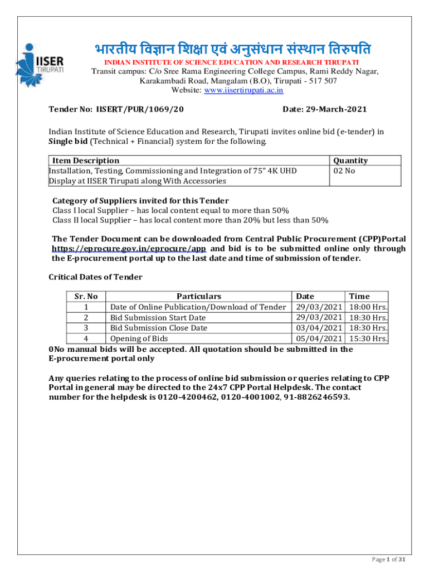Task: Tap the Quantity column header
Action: (x=350, y=161)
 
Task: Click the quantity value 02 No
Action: (x=344, y=171)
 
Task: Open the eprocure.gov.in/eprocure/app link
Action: (x=129, y=249)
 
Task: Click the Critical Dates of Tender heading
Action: (x=95, y=277)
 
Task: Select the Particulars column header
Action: (x=199, y=297)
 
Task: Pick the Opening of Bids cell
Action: (x=139, y=338)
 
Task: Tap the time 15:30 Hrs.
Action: (x=368, y=338)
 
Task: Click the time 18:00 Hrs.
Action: (x=368, y=307)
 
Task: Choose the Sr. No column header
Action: (x=86, y=297)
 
